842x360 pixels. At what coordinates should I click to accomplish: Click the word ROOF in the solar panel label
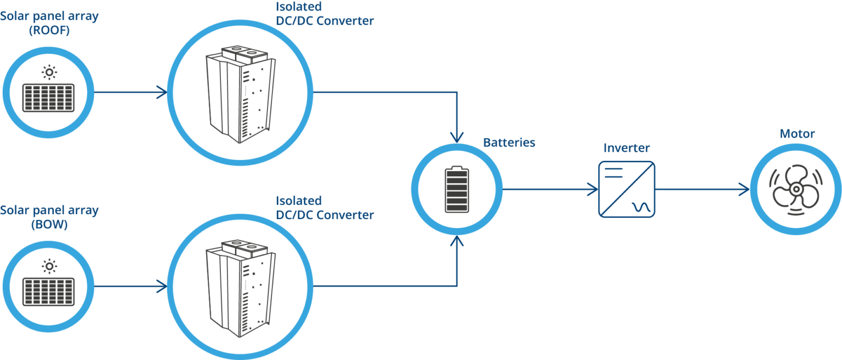click(x=49, y=30)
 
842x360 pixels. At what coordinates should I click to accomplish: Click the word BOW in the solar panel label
click(x=49, y=224)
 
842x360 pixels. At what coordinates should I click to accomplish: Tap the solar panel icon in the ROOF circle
click(x=49, y=98)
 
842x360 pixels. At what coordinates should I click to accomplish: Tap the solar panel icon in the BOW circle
click(x=49, y=292)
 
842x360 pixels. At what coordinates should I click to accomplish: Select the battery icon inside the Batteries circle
click(x=457, y=190)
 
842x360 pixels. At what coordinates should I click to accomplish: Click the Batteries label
click(x=509, y=143)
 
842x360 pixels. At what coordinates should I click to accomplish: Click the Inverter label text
click(x=626, y=148)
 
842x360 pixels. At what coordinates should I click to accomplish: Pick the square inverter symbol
click(x=626, y=190)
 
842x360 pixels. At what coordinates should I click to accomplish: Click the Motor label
click(x=797, y=134)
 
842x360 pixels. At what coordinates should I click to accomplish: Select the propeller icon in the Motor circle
click(x=795, y=190)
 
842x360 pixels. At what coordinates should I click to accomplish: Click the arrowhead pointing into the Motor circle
click(x=744, y=190)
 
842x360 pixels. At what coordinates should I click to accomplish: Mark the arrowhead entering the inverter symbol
click(x=593, y=190)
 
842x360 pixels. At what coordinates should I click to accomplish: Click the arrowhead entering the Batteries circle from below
click(x=457, y=242)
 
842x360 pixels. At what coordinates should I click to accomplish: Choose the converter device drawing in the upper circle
click(x=239, y=93)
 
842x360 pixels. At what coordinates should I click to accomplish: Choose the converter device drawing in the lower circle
click(x=239, y=287)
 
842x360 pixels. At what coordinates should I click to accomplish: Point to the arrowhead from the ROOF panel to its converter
click(x=162, y=92)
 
